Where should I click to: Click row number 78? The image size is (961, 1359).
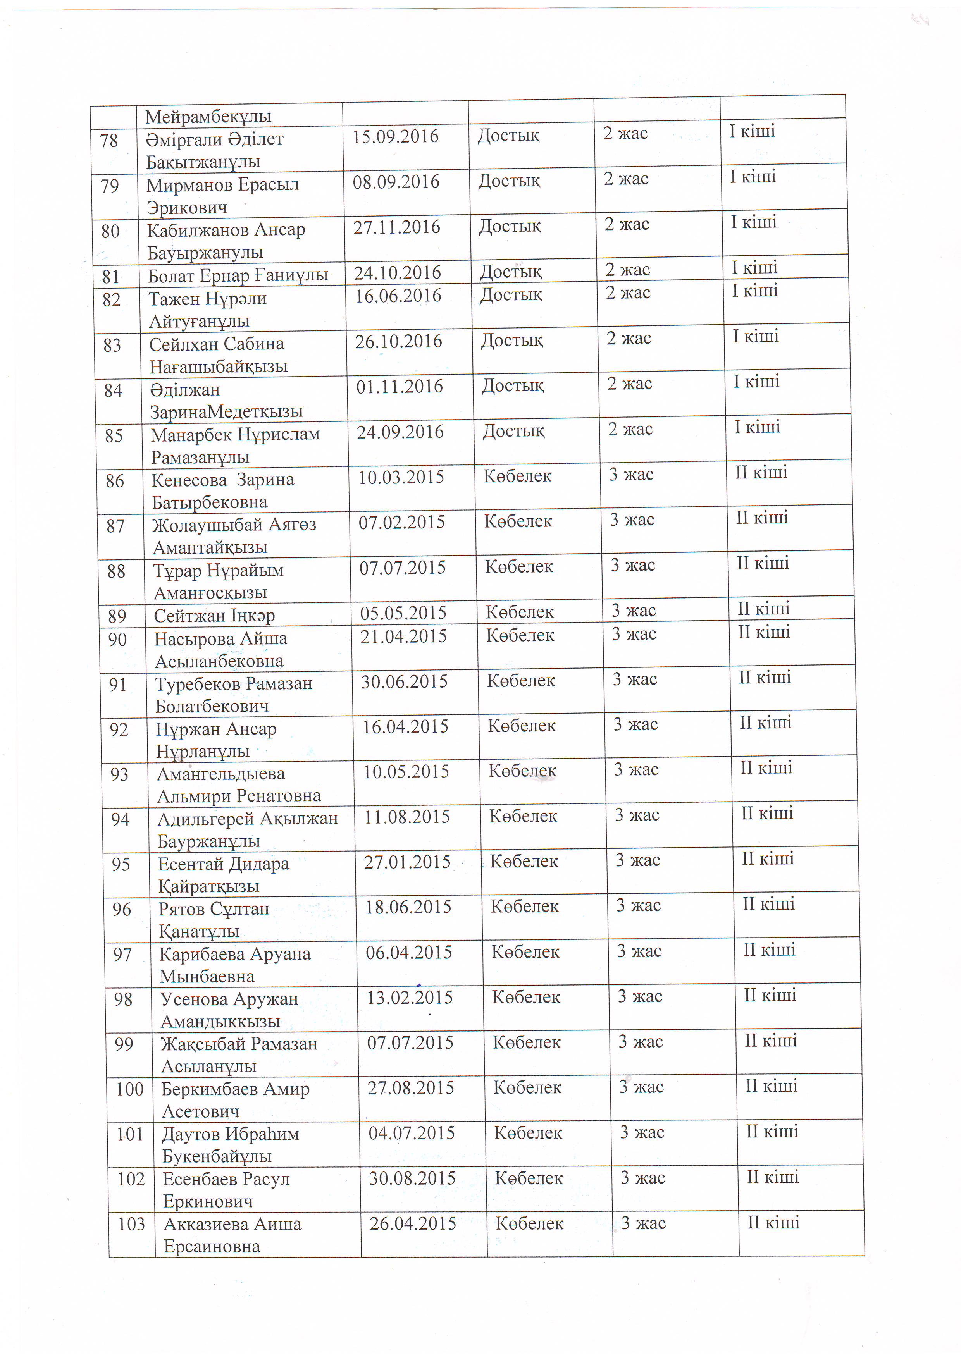click(x=109, y=141)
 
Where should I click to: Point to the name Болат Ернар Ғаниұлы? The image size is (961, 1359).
click(x=238, y=275)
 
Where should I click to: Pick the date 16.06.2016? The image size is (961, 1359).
click(x=398, y=295)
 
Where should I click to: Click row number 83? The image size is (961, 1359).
click(x=112, y=345)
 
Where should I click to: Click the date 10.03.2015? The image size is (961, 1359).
click(x=401, y=477)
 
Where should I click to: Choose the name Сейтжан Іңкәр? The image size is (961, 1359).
click(x=214, y=616)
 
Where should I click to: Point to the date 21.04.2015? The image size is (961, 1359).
click(x=403, y=636)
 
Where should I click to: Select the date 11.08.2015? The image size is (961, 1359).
click(x=407, y=817)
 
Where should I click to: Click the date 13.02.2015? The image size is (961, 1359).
click(x=410, y=997)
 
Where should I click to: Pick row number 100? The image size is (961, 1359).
click(x=130, y=1089)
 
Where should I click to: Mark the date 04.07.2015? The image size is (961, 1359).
click(x=412, y=1133)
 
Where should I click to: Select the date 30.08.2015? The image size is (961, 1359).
click(x=412, y=1178)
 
